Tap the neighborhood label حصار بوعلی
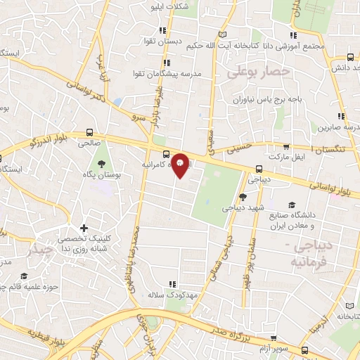266,71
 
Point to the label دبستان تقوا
162,41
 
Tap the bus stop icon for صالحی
89,132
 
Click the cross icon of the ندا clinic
84,228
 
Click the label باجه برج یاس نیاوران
268,99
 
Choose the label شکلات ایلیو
171,6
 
